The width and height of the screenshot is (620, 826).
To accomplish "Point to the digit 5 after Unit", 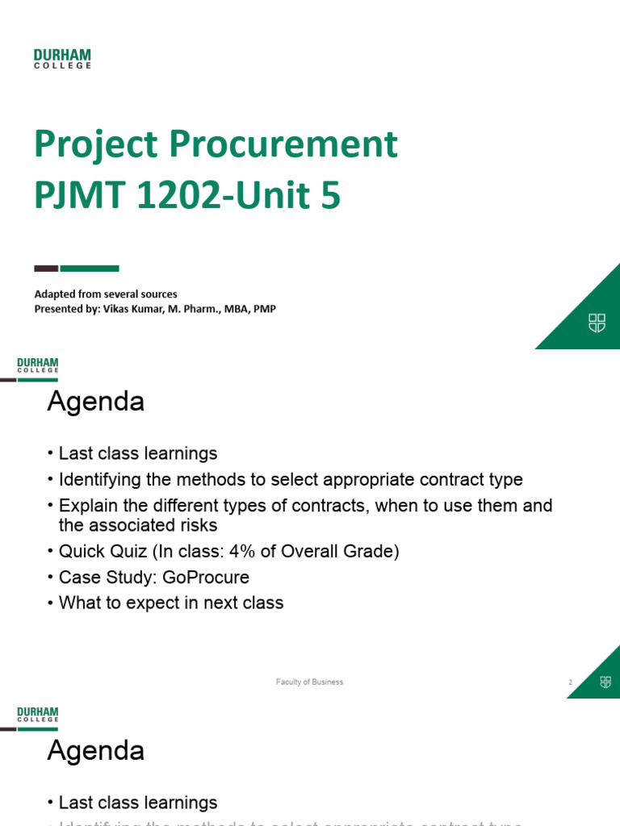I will [x=330, y=198].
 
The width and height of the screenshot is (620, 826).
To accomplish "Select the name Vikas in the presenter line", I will [x=117, y=309].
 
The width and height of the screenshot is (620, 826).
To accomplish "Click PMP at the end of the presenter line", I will [x=265, y=309].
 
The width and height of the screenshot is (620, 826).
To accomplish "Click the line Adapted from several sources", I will [x=106, y=294].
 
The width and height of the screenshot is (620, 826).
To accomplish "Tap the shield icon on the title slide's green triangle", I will [x=597, y=323].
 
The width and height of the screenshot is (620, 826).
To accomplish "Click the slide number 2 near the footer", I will [x=570, y=682].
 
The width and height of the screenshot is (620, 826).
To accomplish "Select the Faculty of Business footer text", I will [x=309, y=682].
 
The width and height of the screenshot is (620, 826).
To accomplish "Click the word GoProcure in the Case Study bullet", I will [x=207, y=578].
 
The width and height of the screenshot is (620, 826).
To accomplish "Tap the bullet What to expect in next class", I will [x=170, y=603].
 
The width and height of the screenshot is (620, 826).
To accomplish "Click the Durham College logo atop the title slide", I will [x=62, y=58].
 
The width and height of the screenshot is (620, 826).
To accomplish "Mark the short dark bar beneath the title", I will [x=46, y=269].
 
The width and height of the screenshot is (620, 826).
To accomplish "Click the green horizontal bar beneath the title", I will [x=90, y=269].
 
